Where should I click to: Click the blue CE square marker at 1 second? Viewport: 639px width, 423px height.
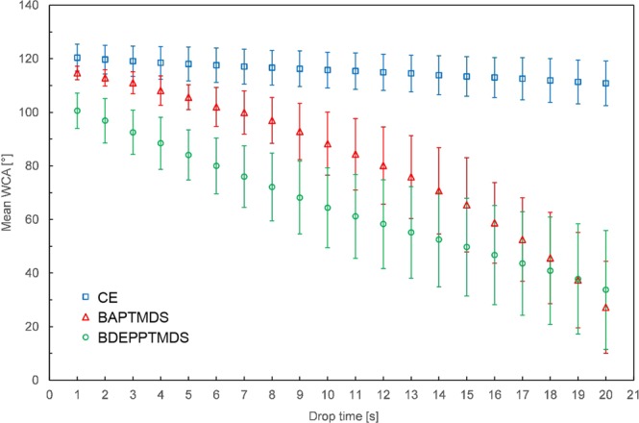point(77,58)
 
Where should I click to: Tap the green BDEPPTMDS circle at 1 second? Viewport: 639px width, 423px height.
point(77,112)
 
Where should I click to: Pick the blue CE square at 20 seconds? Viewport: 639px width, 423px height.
point(605,84)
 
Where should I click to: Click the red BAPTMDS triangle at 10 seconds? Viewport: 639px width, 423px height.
point(328,144)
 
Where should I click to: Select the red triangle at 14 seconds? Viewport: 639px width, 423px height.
point(439,191)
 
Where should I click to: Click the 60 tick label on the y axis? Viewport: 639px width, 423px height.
point(34,219)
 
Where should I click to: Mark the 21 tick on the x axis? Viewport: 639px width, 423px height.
point(633,393)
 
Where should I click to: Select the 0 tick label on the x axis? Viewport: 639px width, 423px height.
point(49,393)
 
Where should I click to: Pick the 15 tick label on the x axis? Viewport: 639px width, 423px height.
point(467,393)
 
